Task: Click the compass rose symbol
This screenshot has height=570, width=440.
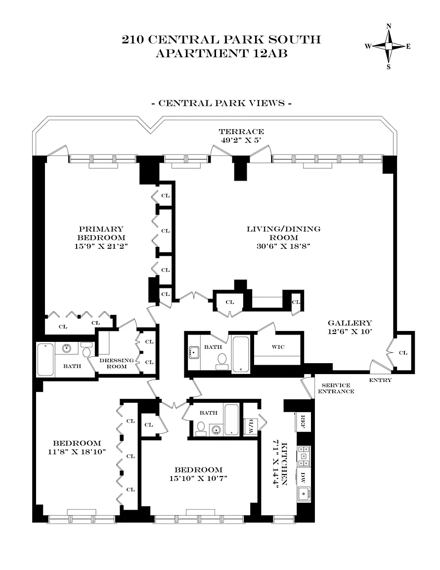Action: point(389,47)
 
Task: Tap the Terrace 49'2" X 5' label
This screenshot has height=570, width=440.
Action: point(241,136)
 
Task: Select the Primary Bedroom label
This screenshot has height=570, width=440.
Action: point(101,237)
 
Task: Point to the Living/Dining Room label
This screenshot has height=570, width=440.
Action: point(283,237)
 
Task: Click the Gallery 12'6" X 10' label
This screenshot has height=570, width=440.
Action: point(350,327)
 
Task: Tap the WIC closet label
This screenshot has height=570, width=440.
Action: point(278,347)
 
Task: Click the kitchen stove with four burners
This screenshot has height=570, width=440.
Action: point(304,456)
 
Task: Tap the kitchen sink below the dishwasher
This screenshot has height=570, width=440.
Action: point(304,493)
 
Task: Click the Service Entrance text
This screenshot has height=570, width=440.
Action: point(336,388)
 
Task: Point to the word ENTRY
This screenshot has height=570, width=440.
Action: point(380,380)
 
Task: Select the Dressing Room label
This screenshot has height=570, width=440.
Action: point(116,363)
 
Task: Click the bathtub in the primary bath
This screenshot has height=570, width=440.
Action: point(45,360)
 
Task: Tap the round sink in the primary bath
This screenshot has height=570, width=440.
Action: point(66,348)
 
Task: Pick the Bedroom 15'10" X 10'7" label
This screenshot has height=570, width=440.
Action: point(198,474)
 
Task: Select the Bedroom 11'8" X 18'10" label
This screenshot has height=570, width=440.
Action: point(77,447)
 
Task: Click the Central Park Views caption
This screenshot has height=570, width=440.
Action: point(221,103)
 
